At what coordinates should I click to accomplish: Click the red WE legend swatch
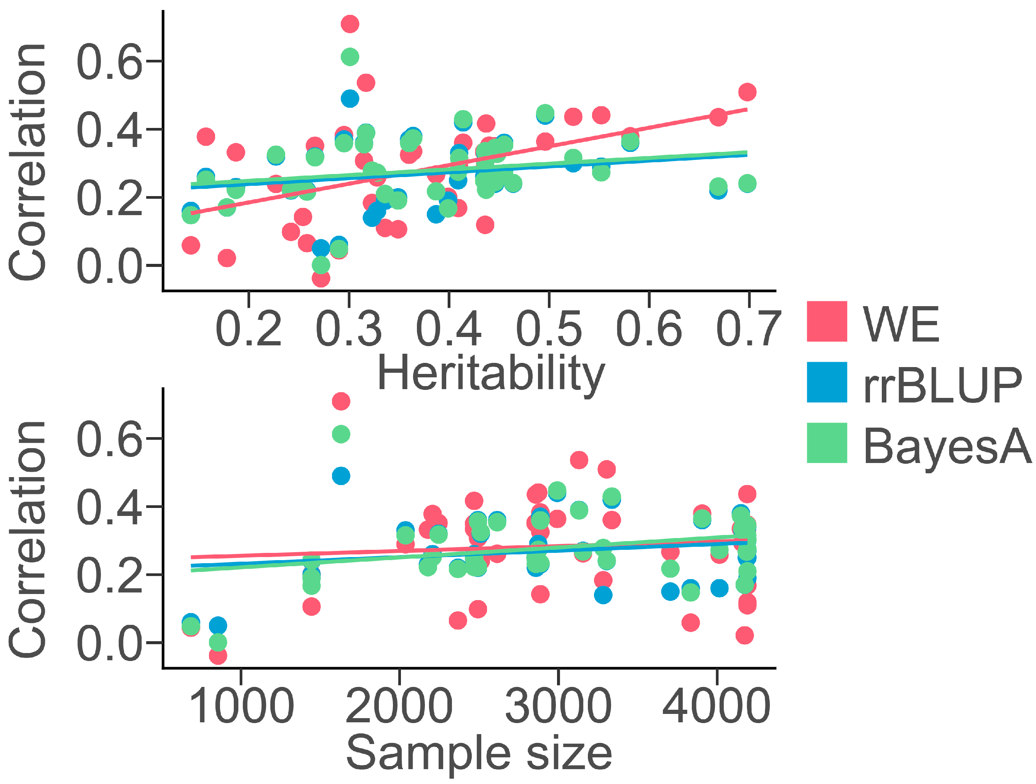[x=827, y=321]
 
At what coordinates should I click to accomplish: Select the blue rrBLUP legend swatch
[x=827, y=382]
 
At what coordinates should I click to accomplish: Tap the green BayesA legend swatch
[x=827, y=443]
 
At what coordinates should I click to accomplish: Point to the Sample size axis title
[x=479, y=753]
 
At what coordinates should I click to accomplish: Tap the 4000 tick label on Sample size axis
[x=716, y=706]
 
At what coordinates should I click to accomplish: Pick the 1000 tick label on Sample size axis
[x=241, y=706]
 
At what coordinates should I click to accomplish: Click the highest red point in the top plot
[x=350, y=24]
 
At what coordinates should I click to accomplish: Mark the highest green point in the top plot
[x=350, y=57]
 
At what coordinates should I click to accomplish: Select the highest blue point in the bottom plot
[x=341, y=476]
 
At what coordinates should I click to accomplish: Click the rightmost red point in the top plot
[x=747, y=92]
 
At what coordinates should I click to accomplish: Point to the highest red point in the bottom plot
[x=341, y=401]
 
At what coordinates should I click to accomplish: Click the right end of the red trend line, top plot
[x=747, y=110]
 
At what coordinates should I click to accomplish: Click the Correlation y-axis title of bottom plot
[x=27, y=538]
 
